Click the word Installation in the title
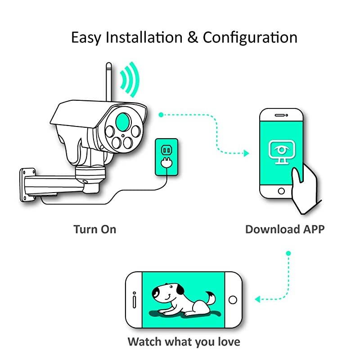(x=144, y=37)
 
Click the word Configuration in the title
(x=250, y=37)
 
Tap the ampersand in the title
(x=193, y=37)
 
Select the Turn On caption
(x=95, y=229)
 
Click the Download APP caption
(x=284, y=229)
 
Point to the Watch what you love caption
(x=184, y=341)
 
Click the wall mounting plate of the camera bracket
(x=28, y=184)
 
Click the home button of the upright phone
(x=281, y=191)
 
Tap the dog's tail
(x=209, y=297)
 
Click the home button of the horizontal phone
(x=233, y=299)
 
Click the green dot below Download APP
(x=288, y=253)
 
